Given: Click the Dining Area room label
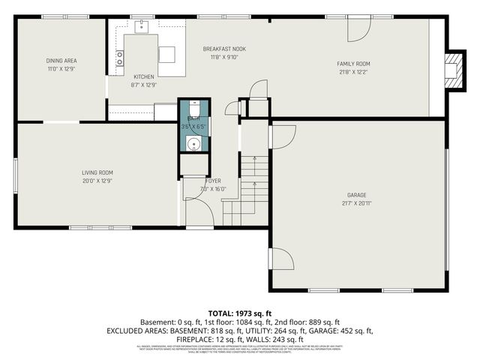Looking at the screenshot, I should pos(61,61).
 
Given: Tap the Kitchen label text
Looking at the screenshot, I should pos(143,76).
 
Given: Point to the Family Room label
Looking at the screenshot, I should pos(353,64).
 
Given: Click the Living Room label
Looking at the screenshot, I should pos(97,172).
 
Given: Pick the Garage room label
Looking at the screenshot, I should pos(356,194).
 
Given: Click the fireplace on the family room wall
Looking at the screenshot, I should pos(452,67).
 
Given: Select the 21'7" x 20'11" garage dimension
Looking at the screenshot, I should pos(356,203).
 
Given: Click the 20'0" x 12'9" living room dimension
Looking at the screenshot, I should pos(97,181).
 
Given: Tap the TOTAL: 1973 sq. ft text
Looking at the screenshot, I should pos(239,313).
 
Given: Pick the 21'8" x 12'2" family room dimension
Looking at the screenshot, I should pos(353,73).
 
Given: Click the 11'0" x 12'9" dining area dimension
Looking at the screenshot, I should pos(61,69).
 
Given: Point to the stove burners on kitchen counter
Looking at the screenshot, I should pos(118,58).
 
